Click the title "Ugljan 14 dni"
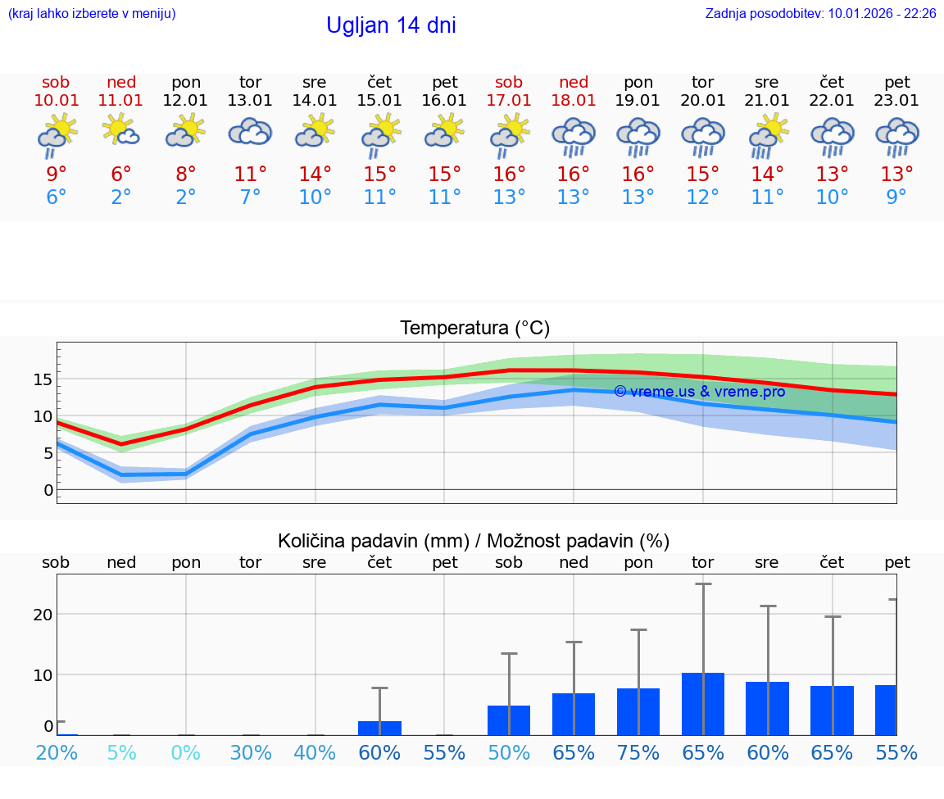(x=391, y=25)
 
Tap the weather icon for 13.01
(x=250, y=132)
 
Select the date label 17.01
(x=509, y=101)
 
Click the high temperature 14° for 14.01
(x=315, y=175)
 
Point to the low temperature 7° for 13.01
(x=250, y=197)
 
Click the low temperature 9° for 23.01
(x=896, y=197)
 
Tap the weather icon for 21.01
(x=768, y=134)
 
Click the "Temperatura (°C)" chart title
(x=474, y=329)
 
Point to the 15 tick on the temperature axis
(x=43, y=379)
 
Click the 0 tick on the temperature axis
(x=48, y=490)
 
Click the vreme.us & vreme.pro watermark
(x=699, y=392)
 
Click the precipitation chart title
(x=473, y=541)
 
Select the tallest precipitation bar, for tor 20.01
(x=703, y=704)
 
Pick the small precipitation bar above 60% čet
(x=379, y=728)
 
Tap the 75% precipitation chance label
(x=638, y=752)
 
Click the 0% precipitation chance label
(x=186, y=752)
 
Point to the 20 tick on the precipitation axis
(x=43, y=615)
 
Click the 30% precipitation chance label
(x=250, y=752)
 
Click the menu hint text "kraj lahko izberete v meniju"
(x=92, y=14)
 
